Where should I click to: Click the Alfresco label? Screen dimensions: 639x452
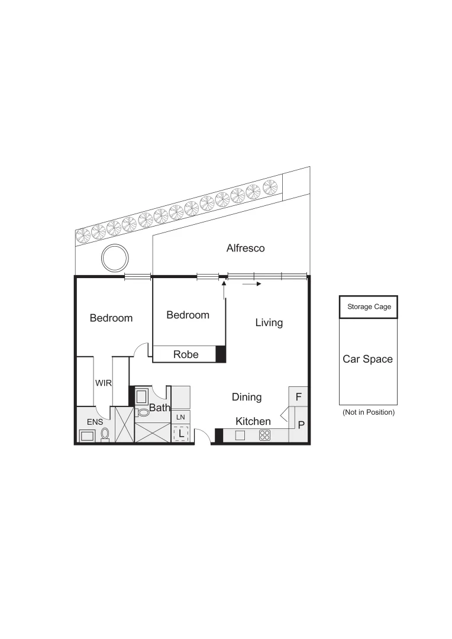[x=246, y=248]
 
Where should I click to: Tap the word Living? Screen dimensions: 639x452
[x=269, y=323]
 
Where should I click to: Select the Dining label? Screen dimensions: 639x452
[x=247, y=398]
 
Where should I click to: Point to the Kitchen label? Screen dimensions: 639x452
[x=253, y=421]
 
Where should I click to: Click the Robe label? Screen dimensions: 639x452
[x=186, y=355]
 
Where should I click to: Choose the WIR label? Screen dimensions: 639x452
[x=104, y=383]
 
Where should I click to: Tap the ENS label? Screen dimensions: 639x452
[x=95, y=422]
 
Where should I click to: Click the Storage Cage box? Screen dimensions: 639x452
[x=368, y=306]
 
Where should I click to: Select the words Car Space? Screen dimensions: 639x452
[x=367, y=359]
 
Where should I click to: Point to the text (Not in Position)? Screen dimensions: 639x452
[x=368, y=412]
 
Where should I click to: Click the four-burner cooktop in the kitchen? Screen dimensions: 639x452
[x=265, y=435]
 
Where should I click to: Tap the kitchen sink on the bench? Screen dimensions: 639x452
[x=240, y=435]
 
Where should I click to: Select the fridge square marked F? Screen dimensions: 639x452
[x=299, y=396]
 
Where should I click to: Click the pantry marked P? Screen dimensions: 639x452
[x=301, y=425]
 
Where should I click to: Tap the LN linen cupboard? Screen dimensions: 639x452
[x=180, y=417]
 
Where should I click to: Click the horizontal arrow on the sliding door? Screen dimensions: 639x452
[x=251, y=284]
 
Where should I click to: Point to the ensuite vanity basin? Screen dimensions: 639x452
[x=87, y=436]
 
